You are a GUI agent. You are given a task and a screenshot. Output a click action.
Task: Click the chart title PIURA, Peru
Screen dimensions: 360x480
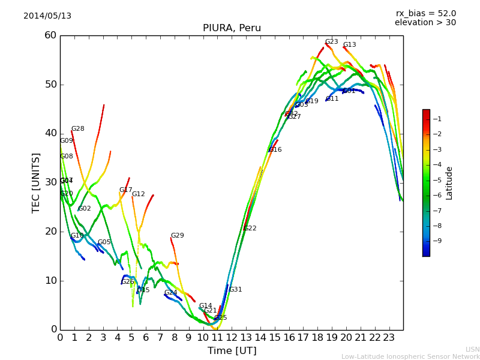tap(232, 28)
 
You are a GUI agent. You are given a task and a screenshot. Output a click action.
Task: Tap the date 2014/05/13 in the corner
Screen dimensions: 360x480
tap(47, 16)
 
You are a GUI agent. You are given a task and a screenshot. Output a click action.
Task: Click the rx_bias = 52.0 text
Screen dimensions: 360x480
tap(425, 13)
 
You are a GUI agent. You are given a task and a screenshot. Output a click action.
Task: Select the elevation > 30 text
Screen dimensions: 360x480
tap(425, 23)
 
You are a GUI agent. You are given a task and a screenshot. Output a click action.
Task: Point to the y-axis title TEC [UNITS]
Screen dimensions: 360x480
tap(37, 182)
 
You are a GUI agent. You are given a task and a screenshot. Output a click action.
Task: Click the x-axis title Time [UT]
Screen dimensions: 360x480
tap(232, 351)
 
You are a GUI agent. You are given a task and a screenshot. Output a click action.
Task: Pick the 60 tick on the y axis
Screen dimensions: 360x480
tap(50, 35)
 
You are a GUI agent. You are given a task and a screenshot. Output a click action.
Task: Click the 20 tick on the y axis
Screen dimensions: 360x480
tap(50, 232)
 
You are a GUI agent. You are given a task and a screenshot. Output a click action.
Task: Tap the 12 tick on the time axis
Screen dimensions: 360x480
tap(232, 337)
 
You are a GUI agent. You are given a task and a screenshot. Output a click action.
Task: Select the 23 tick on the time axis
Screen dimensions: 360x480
tap(389, 337)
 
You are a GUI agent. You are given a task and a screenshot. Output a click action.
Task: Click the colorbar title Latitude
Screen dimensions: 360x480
tap(449, 183)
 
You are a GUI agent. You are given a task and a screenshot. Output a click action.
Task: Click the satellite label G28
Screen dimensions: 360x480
tap(78, 129)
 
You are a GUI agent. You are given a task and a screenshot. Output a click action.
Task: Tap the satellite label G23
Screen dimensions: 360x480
tap(332, 42)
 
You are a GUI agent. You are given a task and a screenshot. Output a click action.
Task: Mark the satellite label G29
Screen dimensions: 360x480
tap(178, 236)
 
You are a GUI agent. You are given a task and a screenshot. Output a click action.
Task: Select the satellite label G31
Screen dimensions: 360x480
tap(235, 290)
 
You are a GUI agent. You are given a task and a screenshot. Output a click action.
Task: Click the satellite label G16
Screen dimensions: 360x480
tap(275, 150)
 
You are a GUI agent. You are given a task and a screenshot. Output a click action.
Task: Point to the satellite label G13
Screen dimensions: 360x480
tap(350, 45)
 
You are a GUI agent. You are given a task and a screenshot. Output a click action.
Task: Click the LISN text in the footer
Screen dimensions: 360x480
tap(473, 349)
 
